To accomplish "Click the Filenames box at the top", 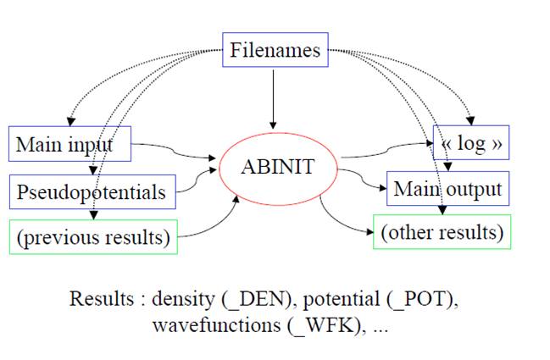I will [275, 50].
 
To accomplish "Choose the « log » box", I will [472, 144].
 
